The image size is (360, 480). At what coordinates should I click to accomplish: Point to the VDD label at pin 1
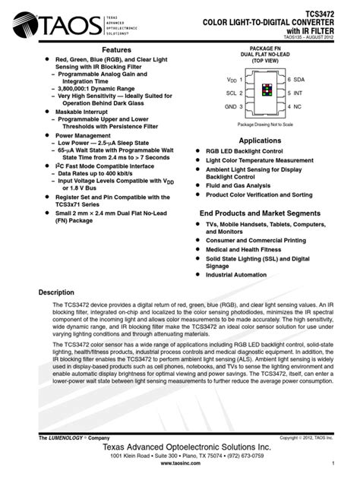pyautogui.click(x=231, y=79)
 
